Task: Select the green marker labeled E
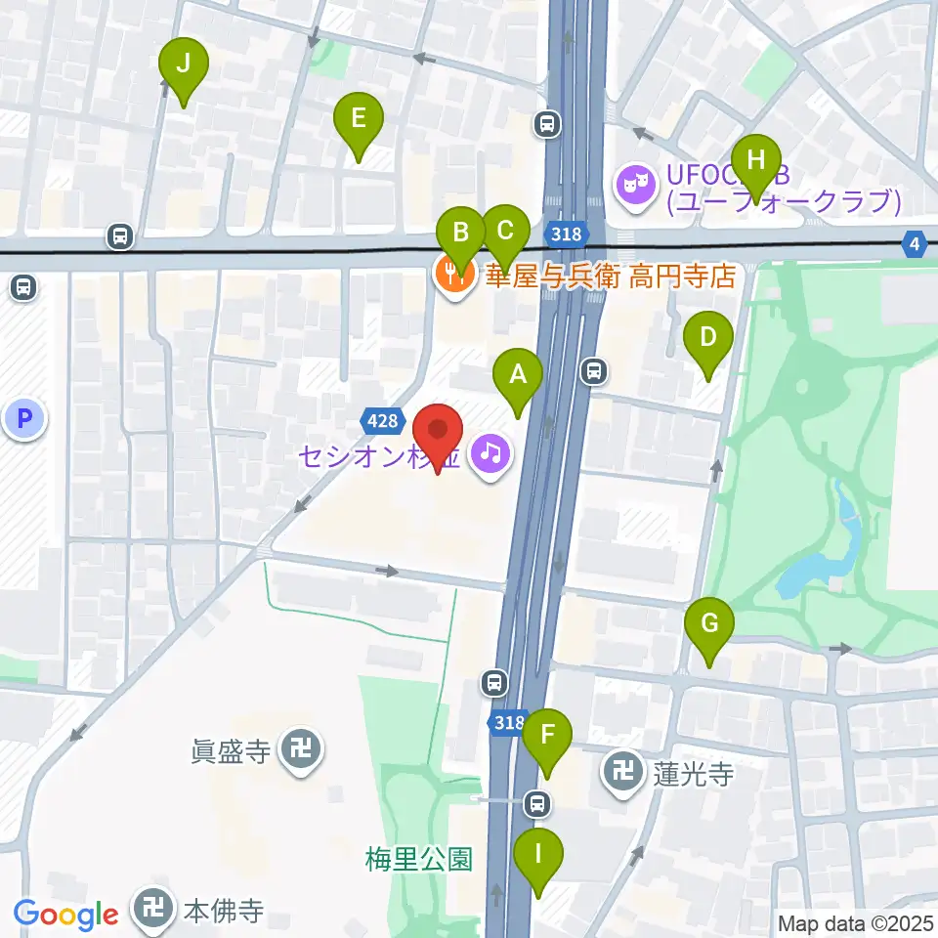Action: tap(358, 121)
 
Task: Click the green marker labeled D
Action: tap(710, 339)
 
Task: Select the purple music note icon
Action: tap(490, 452)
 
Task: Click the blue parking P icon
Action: tap(23, 421)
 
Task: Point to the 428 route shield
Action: tap(383, 421)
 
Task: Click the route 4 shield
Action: tap(916, 244)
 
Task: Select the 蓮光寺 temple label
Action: tap(695, 775)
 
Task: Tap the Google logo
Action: tap(66, 915)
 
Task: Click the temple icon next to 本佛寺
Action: tap(154, 912)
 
